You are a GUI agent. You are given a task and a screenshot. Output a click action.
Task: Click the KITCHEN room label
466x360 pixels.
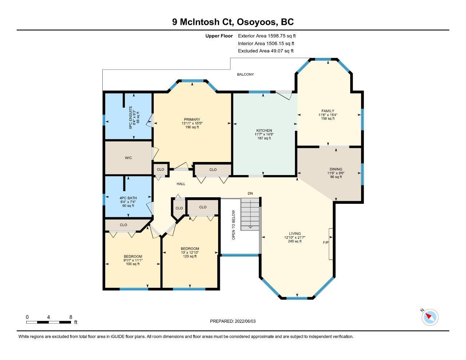pyautogui.click(x=264, y=130)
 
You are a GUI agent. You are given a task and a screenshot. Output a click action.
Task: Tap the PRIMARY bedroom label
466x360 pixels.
pyautogui.click(x=192, y=119)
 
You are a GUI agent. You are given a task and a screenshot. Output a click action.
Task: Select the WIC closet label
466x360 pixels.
pyautogui.click(x=128, y=158)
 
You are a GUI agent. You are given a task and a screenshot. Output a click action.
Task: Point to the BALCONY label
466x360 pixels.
pyautogui.click(x=245, y=74)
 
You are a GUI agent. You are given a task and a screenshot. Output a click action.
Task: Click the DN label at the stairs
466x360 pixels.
pyautogui.click(x=250, y=193)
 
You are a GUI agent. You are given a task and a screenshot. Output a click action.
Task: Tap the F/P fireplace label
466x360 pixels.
pyautogui.click(x=325, y=242)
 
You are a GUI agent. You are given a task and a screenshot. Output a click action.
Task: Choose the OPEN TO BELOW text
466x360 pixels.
pyautogui.click(x=233, y=225)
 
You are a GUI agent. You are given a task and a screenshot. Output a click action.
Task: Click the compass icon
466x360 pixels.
pyautogui.click(x=430, y=317)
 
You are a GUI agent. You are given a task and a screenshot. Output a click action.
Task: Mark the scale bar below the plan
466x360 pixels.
pyautogui.click(x=49, y=322)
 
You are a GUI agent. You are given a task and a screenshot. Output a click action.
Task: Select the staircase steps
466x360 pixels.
pyautogui.click(x=250, y=214)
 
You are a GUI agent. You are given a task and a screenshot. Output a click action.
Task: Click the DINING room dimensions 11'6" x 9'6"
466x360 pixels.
pyautogui.click(x=336, y=173)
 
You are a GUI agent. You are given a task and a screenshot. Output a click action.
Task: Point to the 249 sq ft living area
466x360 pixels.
pyautogui.click(x=295, y=241)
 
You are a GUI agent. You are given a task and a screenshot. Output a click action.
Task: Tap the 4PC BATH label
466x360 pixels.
pyautogui.click(x=128, y=198)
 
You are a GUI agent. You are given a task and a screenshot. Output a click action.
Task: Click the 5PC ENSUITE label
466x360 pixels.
pyautogui.click(x=131, y=118)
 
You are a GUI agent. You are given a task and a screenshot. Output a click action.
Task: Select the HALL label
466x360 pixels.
pyautogui.click(x=181, y=184)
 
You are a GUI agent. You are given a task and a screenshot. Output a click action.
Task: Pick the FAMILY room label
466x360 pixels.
pyautogui.click(x=328, y=111)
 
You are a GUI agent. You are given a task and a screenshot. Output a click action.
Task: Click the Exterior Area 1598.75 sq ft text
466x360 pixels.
pyautogui.click(x=267, y=36)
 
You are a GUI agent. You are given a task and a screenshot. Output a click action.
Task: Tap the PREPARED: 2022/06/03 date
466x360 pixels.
pyautogui.click(x=233, y=321)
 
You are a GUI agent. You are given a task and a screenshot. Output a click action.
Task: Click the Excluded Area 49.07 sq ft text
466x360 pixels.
pyautogui.click(x=266, y=51)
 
